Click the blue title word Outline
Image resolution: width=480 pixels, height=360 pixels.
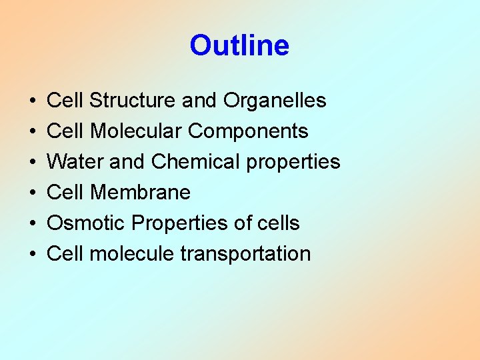click(x=239, y=46)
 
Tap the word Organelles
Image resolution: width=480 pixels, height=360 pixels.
click(x=275, y=101)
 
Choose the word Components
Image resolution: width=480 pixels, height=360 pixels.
click(x=248, y=131)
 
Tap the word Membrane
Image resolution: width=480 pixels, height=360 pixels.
click(x=140, y=193)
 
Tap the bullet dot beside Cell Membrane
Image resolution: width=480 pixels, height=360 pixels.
click(x=33, y=193)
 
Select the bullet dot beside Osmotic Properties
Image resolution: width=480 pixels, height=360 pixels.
click(x=33, y=224)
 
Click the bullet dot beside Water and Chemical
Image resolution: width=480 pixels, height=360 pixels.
click(x=33, y=163)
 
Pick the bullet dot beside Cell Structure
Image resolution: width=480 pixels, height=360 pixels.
click(x=33, y=101)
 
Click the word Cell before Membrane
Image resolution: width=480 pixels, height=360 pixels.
click(x=65, y=193)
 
